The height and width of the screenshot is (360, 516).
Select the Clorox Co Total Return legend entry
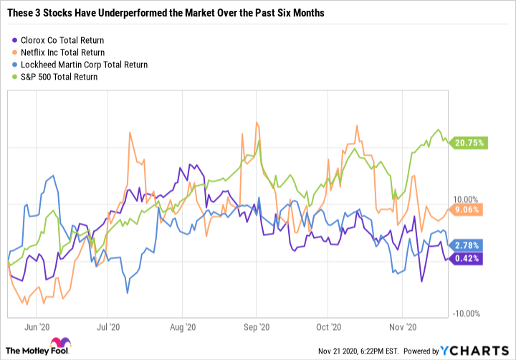(63, 39)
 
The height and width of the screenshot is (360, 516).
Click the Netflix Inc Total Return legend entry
(63, 52)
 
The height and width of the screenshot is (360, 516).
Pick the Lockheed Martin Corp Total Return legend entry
(80, 65)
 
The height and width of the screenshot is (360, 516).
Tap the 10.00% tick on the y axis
(467, 199)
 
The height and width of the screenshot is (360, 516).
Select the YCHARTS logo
(477, 351)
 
